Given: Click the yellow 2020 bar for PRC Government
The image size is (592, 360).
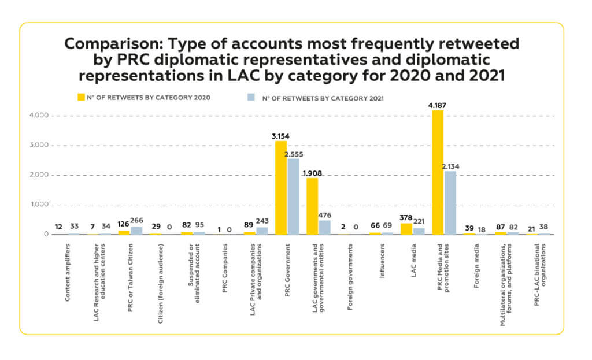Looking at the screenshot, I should pyautogui.click(x=281, y=187).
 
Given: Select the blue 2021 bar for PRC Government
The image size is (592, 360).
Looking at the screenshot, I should pyautogui.click(x=294, y=196).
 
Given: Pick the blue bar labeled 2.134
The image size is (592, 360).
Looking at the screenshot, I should pyautogui.click(x=450, y=202).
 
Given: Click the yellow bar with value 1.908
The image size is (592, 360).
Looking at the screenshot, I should pyautogui.click(x=312, y=206).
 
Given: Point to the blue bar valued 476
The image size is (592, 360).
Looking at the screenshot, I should pyautogui.click(x=325, y=227).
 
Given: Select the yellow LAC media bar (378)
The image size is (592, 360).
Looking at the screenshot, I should pyautogui.click(x=406, y=229).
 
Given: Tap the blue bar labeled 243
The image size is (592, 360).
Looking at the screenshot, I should pyautogui.click(x=262, y=231).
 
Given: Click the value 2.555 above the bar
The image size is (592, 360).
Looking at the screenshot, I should pyautogui.click(x=294, y=154).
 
